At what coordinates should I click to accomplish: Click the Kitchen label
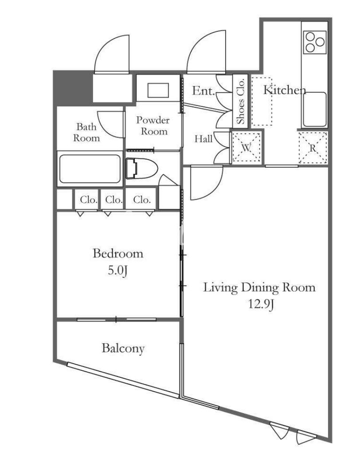coord(285,90)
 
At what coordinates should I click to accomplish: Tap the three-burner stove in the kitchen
coord(315,42)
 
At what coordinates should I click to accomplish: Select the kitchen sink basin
coord(315,110)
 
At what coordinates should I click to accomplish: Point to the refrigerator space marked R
coord(313,148)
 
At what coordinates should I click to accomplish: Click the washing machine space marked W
coord(247,147)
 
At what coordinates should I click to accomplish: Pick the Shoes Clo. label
coord(240,101)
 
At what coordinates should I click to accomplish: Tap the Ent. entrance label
coord(203,91)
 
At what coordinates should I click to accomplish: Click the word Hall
coord(203,139)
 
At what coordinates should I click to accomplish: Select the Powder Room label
coord(153,126)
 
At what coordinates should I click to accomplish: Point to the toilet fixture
coord(142,169)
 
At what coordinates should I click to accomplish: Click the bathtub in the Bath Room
coord(90,169)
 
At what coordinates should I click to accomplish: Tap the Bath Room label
coord(86,132)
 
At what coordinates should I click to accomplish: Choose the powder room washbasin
coord(158,90)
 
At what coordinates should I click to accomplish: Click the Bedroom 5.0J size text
coord(118,271)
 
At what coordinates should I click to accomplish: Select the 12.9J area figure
coord(261,304)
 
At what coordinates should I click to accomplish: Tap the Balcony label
coord(123,348)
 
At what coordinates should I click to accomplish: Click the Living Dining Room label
coord(259,287)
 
